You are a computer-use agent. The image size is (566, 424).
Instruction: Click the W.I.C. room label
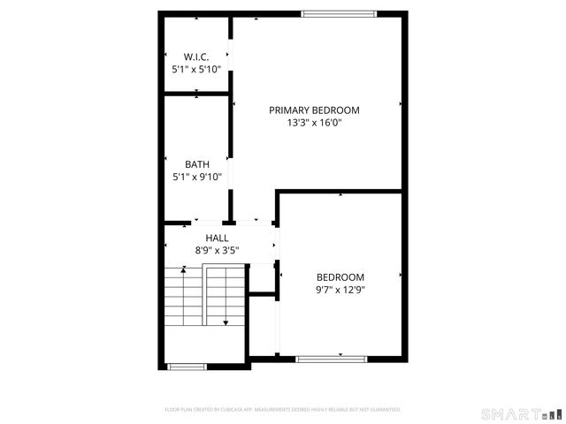point(196,57)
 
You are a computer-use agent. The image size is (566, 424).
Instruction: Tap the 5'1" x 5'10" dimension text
point(196,69)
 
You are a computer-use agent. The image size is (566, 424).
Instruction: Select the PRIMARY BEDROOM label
point(315,110)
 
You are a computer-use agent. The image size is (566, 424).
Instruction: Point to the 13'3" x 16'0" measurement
point(315,123)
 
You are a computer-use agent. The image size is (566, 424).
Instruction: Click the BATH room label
point(196,164)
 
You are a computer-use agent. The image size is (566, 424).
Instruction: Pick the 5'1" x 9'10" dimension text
point(196,177)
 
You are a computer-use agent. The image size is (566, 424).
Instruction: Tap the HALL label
point(217,238)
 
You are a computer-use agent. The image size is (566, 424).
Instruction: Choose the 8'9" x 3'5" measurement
point(217,251)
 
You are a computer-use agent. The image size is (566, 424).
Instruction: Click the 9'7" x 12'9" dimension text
point(340,289)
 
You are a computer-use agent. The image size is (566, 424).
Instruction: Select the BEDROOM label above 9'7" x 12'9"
point(340,276)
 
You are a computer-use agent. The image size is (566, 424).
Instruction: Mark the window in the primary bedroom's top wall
point(339,13)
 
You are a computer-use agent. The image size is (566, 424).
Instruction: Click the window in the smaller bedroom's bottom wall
point(331,359)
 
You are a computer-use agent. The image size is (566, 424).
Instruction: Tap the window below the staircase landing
point(187,366)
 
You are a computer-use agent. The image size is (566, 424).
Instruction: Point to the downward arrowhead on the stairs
point(226,323)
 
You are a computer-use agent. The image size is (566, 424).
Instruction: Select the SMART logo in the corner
point(520,413)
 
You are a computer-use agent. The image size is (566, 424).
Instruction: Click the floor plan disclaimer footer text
point(283,410)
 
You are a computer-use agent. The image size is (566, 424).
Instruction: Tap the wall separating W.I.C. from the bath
point(196,93)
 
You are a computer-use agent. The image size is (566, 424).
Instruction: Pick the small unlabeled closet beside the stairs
point(262,324)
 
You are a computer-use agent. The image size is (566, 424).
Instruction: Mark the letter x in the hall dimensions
point(217,251)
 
